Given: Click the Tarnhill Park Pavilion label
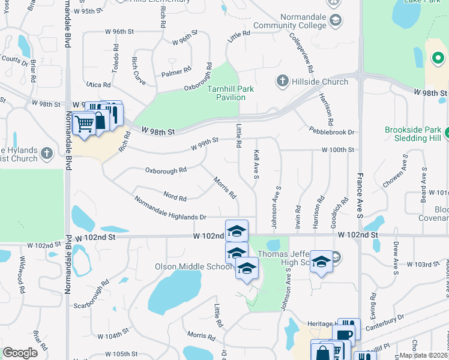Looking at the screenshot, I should click(x=231, y=93).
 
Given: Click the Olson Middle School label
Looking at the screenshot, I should click(x=192, y=267).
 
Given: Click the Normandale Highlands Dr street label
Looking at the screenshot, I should click(x=170, y=208).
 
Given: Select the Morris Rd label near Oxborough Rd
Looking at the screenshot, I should click(x=225, y=188).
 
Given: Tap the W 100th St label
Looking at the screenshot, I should click(x=338, y=149).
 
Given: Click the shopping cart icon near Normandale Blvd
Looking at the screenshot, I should click(x=85, y=123).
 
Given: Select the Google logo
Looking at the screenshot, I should click(x=20, y=352).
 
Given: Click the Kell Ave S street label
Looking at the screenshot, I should click(x=256, y=164).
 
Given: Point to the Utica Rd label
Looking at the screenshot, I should click(x=98, y=85).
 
